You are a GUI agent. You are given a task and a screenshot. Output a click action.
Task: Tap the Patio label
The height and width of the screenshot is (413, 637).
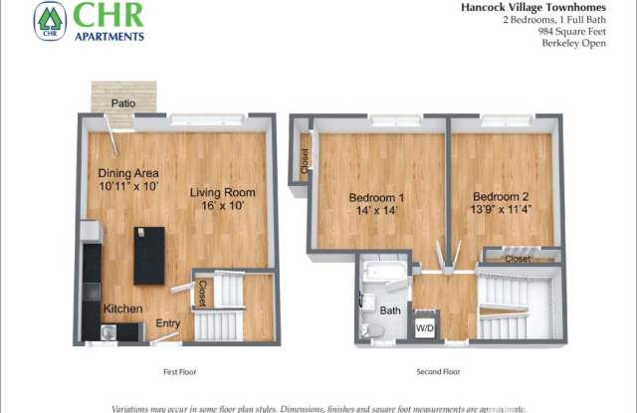[123, 103]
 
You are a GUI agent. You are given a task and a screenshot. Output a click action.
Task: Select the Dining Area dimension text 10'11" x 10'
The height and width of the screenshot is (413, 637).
[128, 186]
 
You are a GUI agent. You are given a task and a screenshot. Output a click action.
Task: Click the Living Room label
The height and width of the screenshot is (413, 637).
[223, 192]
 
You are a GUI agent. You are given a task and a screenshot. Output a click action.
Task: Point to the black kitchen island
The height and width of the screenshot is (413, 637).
[148, 255]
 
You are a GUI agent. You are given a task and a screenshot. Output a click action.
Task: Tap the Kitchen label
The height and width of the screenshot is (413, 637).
[122, 309]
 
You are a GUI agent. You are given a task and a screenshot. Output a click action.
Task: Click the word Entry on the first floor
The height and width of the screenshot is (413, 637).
[167, 321]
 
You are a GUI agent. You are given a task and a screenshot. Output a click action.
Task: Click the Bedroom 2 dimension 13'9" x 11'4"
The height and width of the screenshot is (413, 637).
[501, 210]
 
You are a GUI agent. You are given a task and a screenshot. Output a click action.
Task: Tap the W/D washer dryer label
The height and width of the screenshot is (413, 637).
[424, 326]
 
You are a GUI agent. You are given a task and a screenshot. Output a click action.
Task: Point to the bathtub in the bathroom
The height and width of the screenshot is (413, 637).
[383, 272]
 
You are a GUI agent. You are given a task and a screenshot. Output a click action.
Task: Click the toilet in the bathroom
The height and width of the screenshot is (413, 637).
[367, 323]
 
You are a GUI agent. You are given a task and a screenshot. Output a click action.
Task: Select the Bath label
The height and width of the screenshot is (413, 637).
[390, 310]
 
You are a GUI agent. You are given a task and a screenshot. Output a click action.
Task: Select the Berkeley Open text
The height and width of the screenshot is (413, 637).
[578, 43]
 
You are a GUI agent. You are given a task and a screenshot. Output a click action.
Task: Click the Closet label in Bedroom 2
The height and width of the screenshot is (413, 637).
[517, 259]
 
